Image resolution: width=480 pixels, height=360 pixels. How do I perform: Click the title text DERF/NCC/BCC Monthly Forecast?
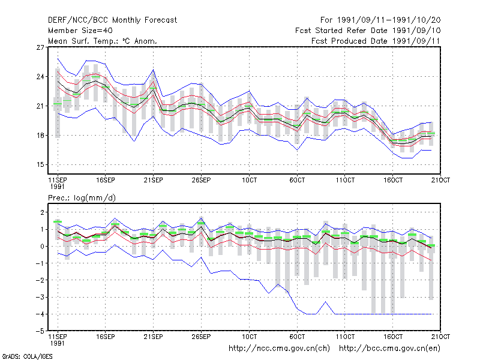pos(112,20)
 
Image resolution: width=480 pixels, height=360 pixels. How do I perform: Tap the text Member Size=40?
pos(80,31)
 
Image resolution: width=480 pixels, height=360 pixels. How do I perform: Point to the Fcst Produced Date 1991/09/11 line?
pos(376,41)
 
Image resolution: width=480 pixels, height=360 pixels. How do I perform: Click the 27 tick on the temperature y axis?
pos(40,47)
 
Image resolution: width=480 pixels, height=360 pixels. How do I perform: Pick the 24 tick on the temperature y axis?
pos(40,77)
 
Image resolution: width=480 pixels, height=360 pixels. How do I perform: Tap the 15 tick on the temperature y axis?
pos(40,164)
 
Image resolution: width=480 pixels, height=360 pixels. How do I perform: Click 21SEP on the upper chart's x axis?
pos(153,180)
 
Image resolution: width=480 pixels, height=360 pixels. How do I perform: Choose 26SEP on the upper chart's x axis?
pos(201,180)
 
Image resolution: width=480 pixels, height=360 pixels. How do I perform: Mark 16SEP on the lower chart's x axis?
pos(106,337)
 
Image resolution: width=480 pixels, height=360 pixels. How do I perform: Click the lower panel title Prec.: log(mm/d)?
pos(82,198)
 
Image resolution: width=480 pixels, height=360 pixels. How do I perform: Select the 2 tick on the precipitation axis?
pos(42,212)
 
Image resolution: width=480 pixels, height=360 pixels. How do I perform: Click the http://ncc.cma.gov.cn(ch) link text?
pos(279,349)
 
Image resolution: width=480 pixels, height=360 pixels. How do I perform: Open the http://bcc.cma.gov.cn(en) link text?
pos(389,349)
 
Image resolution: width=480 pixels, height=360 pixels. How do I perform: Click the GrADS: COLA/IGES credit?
pos(27,356)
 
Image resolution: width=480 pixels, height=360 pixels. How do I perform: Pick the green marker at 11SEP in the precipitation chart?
pos(58,221)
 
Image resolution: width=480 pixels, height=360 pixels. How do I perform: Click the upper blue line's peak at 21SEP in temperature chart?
pos(154,70)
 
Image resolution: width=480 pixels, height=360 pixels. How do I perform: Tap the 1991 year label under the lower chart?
pos(57,343)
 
